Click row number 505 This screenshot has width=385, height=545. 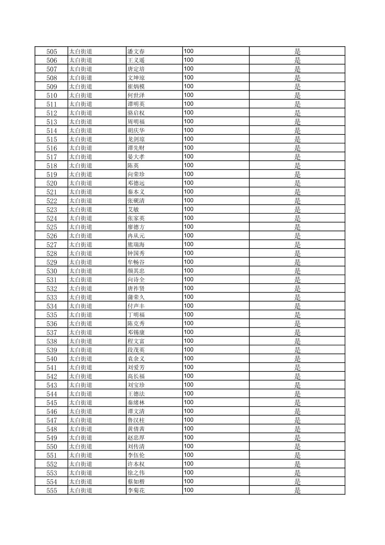click(x=52, y=51)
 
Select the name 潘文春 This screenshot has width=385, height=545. click(x=136, y=51)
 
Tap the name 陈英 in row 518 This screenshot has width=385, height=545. click(x=133, y=166)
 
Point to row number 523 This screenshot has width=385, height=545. click(x=52, y=209)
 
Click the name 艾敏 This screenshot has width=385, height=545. click(x=133, y=209)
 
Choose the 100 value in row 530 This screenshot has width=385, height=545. click(x=189, y=271)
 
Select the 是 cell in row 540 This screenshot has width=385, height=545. click(x=297, y=359)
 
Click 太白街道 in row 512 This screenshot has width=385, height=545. click(x=81, y=113)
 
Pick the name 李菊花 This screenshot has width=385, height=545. click(x=136, y=490)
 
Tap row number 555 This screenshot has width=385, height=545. click(x=52, y=490)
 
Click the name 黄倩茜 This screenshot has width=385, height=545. click(x=136, y=429)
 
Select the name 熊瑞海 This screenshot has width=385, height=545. click(x=136, y=245)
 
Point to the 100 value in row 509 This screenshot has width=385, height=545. click(x=189, y=86)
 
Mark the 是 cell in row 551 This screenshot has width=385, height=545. click(x=297, y=455)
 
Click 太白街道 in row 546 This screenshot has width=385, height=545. click(x=81, y=411)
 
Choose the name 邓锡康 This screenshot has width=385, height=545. click(x=136, y=332)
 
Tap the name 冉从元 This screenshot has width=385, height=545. click(x=136, y=236)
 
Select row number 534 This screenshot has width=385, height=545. click(x=52, y=306)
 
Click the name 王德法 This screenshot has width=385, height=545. click(x=136, y=394)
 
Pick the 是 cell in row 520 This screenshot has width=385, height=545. click(x=297, y=183)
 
